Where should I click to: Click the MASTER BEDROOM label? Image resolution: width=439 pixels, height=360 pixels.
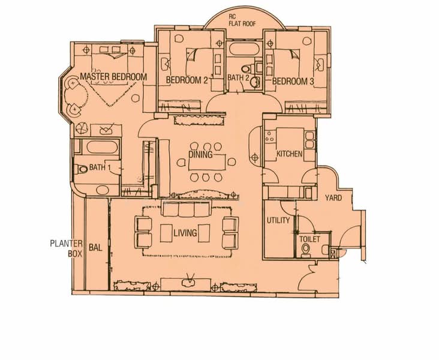113,76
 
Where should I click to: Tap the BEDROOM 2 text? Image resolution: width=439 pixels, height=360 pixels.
187,80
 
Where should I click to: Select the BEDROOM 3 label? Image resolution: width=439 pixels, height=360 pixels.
293,82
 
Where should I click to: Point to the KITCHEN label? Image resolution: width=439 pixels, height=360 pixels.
289,154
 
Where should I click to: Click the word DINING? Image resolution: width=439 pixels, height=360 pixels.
200,155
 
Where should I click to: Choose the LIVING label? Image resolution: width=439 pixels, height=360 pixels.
185,233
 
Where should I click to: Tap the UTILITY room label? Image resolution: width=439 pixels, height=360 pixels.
278,220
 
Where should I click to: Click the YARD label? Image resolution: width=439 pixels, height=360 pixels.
333,198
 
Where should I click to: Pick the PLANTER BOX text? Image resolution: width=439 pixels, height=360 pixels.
67,248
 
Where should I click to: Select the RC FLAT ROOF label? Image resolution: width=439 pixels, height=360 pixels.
242,21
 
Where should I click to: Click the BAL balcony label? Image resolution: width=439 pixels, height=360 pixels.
95,247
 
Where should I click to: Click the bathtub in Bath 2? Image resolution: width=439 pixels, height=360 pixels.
244,49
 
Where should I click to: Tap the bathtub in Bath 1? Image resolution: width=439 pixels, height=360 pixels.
102,147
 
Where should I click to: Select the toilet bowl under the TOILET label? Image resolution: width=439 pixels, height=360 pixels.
305,250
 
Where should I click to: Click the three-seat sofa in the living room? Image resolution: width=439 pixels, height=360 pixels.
186,209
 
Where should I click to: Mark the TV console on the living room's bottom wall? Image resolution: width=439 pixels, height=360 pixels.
185,284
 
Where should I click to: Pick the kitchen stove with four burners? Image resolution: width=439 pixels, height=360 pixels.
270,137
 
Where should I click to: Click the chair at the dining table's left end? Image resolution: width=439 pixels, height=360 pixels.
181,162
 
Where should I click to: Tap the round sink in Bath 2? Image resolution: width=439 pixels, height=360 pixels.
254,82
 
